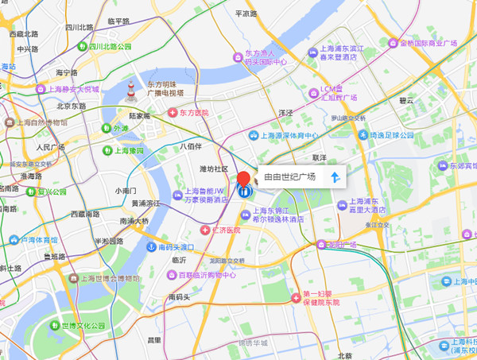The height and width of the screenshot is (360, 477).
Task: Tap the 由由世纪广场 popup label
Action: tap(289, 176)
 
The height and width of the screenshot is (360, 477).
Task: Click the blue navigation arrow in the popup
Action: tap(335, 176)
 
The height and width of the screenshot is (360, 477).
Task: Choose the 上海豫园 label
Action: tap(128, 150)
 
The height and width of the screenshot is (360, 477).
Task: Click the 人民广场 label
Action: tap(49, 148)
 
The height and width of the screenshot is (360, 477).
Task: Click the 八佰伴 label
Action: tap(190, 146)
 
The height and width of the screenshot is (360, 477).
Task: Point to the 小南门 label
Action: tap(126, 191)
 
